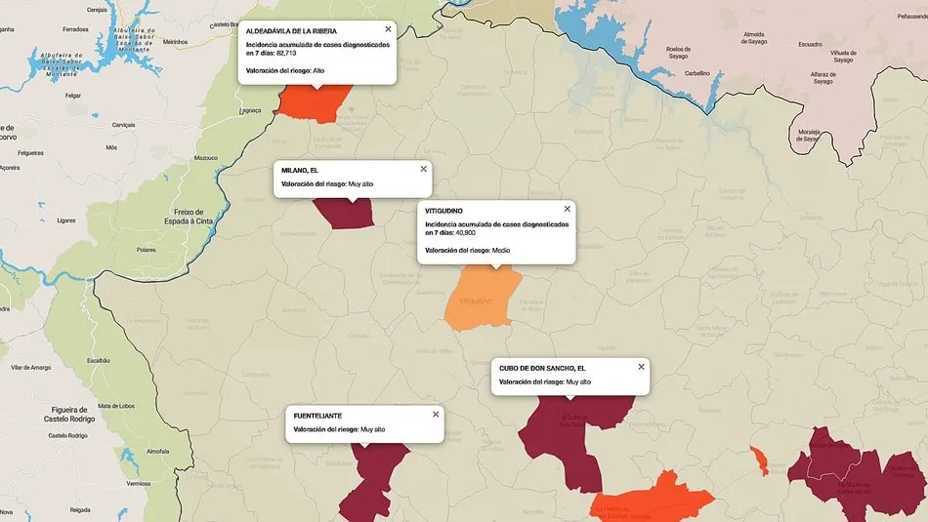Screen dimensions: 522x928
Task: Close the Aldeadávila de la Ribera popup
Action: [388, 29]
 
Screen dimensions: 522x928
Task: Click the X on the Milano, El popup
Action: [423, 169]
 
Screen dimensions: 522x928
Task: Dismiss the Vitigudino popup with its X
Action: [567, 209]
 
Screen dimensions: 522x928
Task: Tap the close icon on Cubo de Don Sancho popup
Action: [641, 367]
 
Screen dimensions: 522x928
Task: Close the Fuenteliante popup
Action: [436, 414]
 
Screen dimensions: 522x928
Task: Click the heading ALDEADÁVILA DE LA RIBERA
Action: [291, 31]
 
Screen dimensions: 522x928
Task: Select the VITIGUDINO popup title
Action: [443, 211]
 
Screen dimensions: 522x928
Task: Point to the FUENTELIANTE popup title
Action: [317, 416]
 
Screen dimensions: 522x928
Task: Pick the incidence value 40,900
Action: [466, 232]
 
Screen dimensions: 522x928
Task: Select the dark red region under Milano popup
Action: [344, 214]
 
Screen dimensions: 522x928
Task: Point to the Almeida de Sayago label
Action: [754, 38]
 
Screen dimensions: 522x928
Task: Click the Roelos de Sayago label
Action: [678, 53]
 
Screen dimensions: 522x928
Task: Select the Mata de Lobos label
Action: [116, 406]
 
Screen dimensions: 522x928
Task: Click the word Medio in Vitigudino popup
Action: [501, 251]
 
